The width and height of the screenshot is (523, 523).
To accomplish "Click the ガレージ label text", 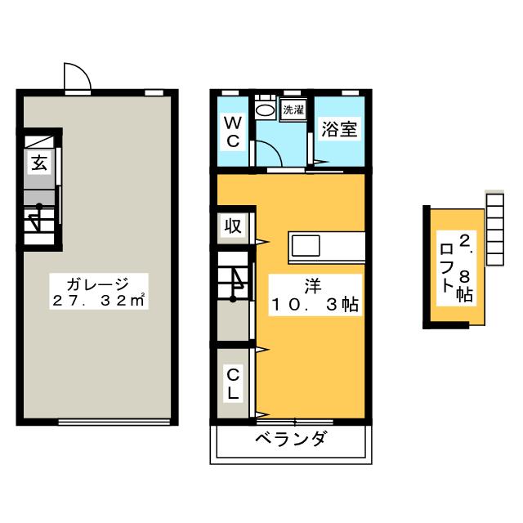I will pyautogui.click(x=96, y=284).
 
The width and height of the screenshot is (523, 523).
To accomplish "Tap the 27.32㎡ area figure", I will pyautogui.click(x=96, y=302).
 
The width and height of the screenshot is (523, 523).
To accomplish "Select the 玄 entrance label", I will pyautogui.click(x=39, y=162).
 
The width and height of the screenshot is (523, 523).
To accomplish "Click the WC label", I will pyautogui.click(x=232, y=132).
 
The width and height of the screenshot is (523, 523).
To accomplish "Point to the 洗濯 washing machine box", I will pyautogui.click(x=292, y=109).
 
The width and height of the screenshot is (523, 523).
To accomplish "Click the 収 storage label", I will pyautogui.click(x=233, y=226).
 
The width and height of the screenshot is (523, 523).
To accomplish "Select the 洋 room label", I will pyautogui.click(x=313, y=285).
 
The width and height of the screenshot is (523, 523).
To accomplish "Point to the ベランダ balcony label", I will pyautogui.click(x=290, y=439).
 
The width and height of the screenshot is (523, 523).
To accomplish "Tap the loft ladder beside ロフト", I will pyautogui.click(x=495, y=229).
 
